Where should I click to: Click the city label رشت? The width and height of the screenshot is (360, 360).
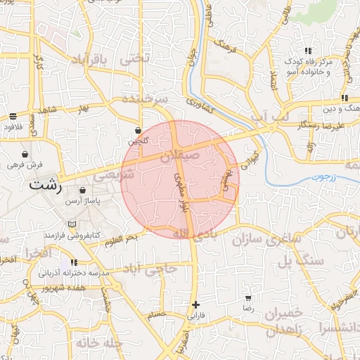tap(46, 188)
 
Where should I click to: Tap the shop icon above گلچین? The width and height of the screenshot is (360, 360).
tap(138, 131)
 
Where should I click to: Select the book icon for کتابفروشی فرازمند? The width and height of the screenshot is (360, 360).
tap(71, 224)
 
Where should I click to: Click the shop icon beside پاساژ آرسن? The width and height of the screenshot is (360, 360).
tap(83, 191)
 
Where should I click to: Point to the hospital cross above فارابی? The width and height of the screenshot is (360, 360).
tap(195, 304)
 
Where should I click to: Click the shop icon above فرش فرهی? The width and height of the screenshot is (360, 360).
tap(25, 154)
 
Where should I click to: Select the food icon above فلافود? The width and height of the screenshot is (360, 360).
tap(13, 116)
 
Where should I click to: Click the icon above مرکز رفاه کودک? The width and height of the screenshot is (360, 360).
tap(309, 50)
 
